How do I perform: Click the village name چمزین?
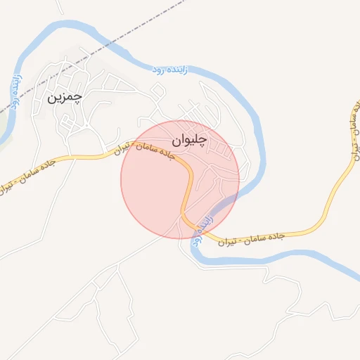(64, 97)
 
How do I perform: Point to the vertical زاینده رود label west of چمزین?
(13, 89)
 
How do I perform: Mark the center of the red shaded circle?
(180, 179)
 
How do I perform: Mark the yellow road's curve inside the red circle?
(188, 176)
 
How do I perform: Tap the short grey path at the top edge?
(61, 7)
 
